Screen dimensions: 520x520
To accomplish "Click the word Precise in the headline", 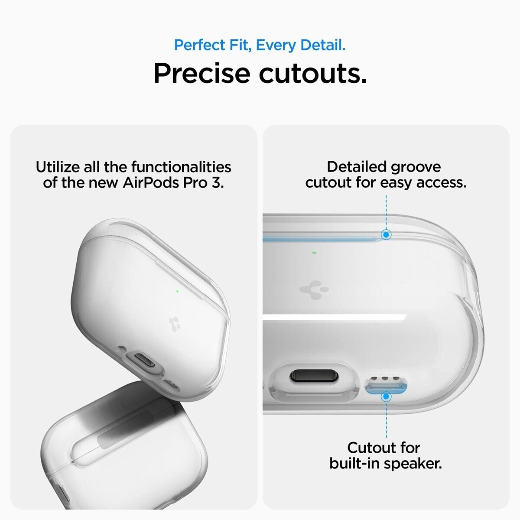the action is click(x=202, y=73).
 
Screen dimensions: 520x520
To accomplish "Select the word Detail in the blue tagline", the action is click(x=323, y=45).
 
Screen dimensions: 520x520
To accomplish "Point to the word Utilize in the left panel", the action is click(x=58, y=167).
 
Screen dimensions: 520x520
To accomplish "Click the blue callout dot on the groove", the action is click(x=386, y=234).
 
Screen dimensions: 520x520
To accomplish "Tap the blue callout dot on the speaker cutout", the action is click(x=387, y=396).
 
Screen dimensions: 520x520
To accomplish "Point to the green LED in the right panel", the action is click(x=314, y=253).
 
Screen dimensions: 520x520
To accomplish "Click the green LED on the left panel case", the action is click(x=177, y=292).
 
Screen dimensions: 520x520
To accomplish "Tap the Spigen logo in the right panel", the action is click(x=314, y=290).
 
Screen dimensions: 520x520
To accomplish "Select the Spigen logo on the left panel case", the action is click(x=174, y=324).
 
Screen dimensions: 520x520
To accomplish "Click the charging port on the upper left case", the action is click(x=145, y=360).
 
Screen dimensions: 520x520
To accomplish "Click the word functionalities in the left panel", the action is click(x=181, y=167).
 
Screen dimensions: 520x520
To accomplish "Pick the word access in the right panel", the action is click(x=441, y=183).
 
